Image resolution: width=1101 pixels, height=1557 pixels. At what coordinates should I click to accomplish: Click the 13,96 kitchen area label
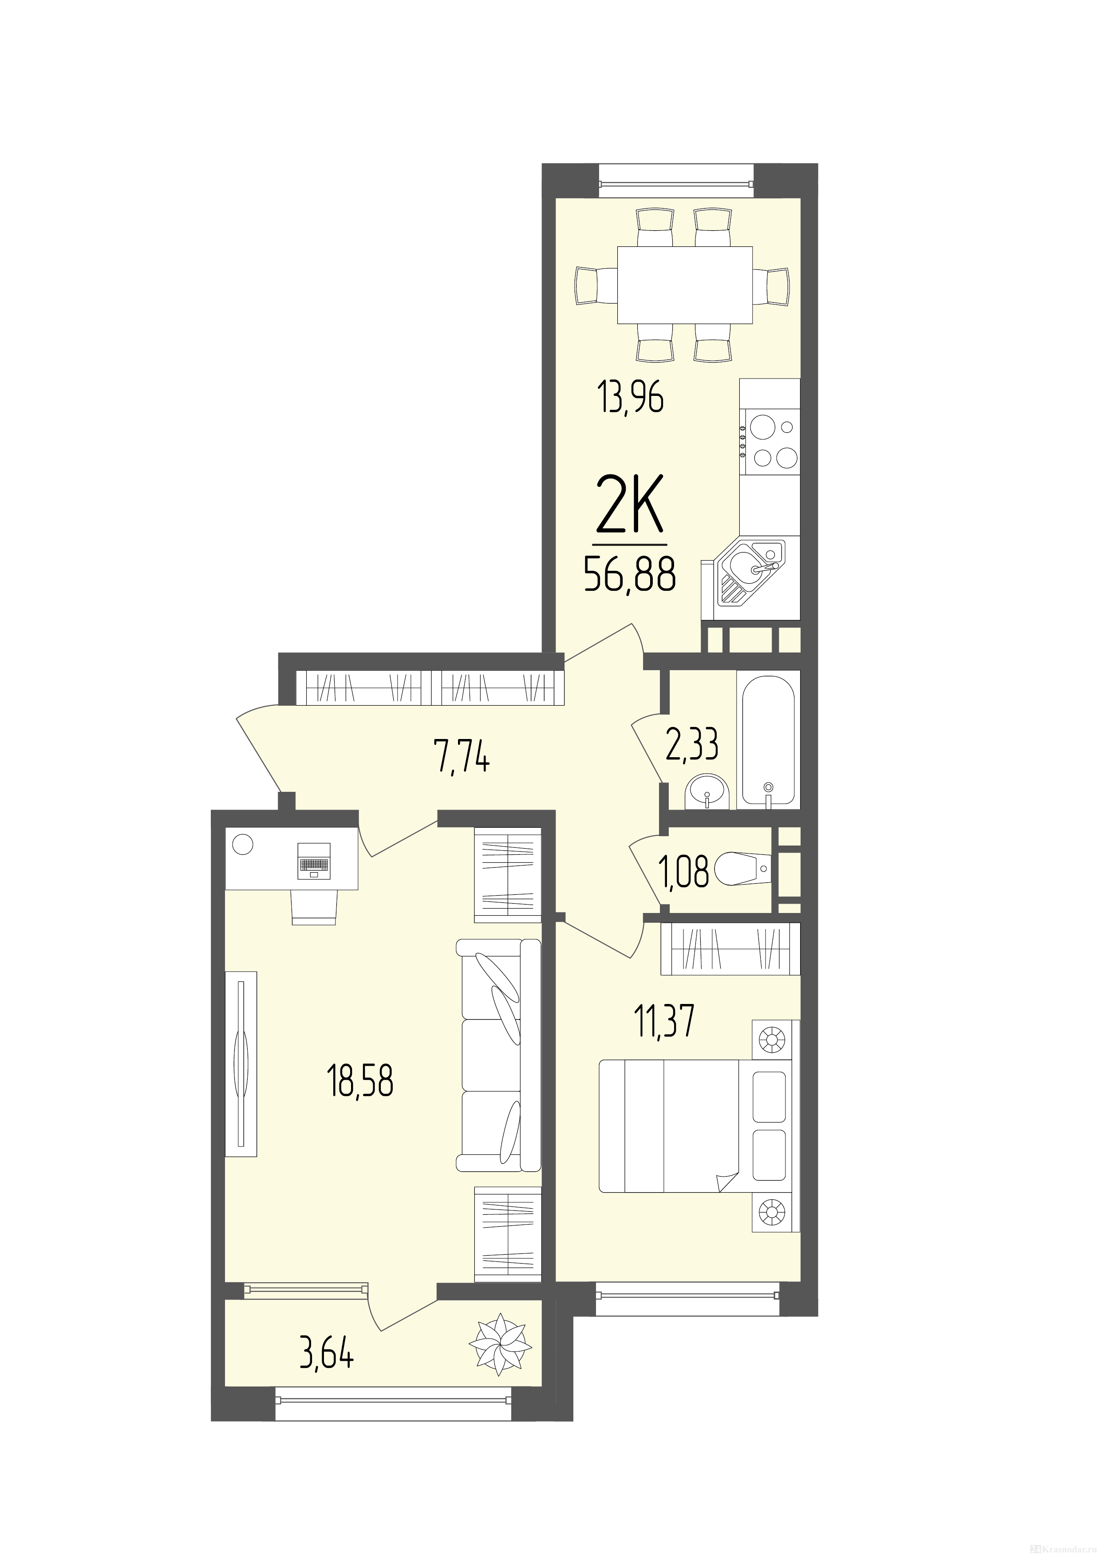pyautogui.click(x=631, y=398)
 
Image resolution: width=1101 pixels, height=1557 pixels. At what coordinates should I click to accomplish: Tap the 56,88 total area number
pyautogui.click(x=630, y=575)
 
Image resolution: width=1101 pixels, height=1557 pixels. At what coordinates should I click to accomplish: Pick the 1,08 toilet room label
pyautogui.click(x=684, y=872)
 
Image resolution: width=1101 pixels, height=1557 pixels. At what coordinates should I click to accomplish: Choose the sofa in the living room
pyautogui.click(x=499, y=1055)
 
